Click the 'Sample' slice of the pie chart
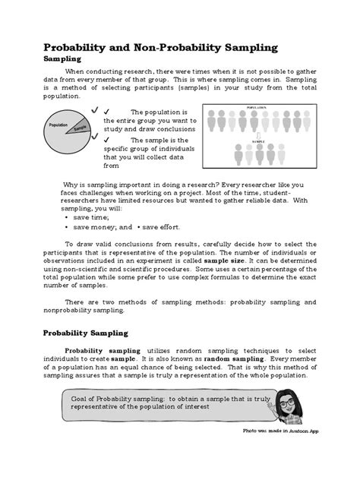point(81,128)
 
